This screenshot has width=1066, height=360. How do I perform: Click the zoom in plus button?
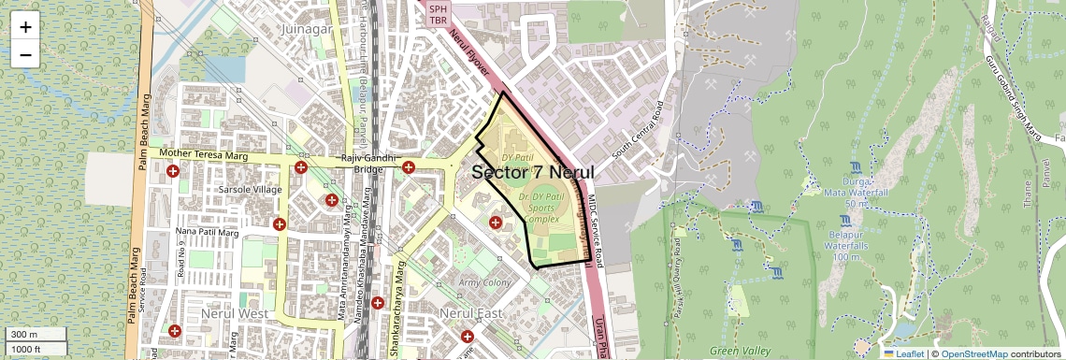pyautogui.click(x=25, y=27)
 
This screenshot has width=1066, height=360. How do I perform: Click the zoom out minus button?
pyautogui.click(x=25, y=55)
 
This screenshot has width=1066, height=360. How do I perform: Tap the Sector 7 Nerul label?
pyautogui.click(x=533, y=173)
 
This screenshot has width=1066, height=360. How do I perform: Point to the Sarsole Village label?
pyautogui.click(x=249, y=190)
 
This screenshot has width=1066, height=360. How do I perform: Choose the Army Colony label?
pyautogui.click(x=483, y=282)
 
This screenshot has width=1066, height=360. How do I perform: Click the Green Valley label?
pyautogui.click(x=741, y=351)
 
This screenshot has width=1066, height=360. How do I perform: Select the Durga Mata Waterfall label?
pyautogui.click(x=845, y=192)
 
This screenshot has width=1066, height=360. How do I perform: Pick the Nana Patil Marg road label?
pyautogui.click(x=208, y=232)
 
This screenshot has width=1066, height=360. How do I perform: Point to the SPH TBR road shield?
pyautogui.click(x=439, y=14)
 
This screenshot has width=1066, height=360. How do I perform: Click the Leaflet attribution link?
pyautogui.click(x=903, y=353)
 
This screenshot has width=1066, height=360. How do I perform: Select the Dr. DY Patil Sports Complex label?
pyautogui.click(x=542, y=208)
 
